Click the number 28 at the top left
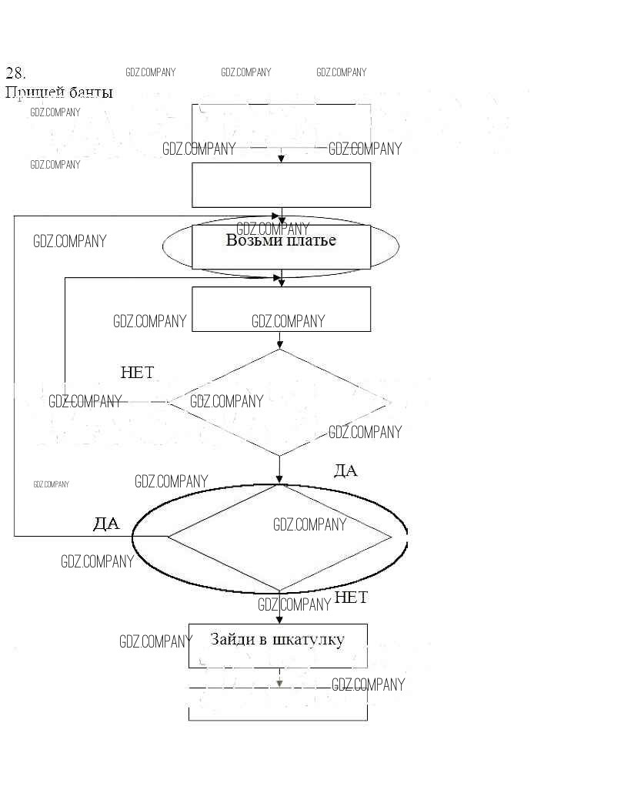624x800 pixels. [16, 73]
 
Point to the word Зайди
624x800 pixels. [233, 639]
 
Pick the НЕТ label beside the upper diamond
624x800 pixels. [137, 373]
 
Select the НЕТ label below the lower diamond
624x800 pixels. [352, 597]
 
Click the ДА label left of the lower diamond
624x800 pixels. [106, 524]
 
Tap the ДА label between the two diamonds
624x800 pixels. [345, 470]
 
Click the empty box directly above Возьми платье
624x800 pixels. [281, 185]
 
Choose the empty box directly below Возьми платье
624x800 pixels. [281, 309]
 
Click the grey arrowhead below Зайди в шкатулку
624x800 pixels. [280, 683]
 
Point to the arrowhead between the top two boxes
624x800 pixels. [282, 158]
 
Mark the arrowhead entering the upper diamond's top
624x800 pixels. [279, 345]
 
